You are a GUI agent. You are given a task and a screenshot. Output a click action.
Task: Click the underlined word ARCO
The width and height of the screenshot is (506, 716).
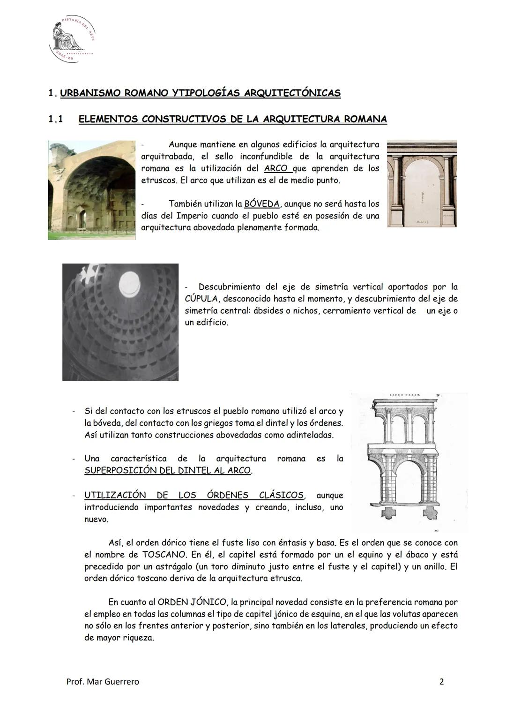275,168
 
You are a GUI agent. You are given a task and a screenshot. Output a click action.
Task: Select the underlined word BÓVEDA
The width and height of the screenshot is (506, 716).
262,204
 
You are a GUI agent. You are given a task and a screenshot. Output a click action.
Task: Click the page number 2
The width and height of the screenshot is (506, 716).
441,681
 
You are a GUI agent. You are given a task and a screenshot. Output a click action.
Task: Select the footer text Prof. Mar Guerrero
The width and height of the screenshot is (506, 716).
103,681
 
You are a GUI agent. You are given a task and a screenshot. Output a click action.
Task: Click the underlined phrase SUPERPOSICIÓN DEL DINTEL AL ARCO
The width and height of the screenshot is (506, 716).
168,470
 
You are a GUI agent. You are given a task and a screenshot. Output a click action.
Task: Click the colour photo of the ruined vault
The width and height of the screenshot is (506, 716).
91,190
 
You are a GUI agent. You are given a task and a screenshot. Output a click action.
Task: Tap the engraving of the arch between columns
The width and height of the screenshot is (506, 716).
422,183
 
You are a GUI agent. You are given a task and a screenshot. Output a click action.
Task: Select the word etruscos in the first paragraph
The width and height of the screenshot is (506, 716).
157,180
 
